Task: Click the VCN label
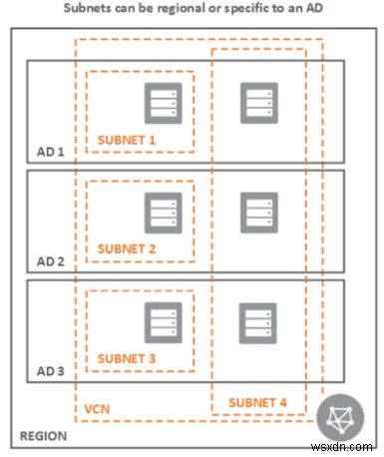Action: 96,408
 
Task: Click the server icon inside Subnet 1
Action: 161,102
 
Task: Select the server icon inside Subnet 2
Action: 161,211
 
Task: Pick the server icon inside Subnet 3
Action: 161,320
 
